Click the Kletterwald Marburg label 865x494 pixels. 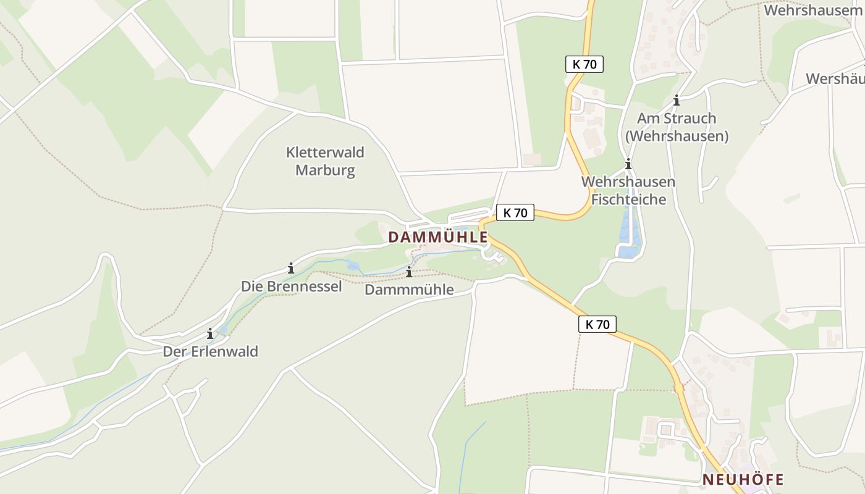point(325,161)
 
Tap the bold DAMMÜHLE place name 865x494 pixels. point(437,237)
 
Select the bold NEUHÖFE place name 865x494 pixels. point(743,479)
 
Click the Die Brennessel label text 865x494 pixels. point(291,287)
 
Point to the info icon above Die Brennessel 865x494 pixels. point(290,268)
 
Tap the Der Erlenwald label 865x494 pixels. point(210,351)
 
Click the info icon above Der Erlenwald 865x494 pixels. point(210,333)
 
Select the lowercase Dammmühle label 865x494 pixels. point(409,289)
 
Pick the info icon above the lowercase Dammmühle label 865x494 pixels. point(409,272)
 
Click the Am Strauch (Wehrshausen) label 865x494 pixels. point(677,127)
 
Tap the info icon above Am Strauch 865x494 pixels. point(677,100)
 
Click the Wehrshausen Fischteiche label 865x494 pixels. point(628,190)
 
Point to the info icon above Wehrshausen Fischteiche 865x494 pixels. point(628,164)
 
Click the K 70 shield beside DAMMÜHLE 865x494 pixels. point(515,212)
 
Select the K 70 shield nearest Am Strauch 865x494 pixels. point(584,64)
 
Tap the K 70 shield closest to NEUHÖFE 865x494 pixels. point(597,324)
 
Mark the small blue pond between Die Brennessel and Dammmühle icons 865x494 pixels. point(353,266)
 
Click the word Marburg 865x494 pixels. point(325,170)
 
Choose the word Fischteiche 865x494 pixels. point(628,199)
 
